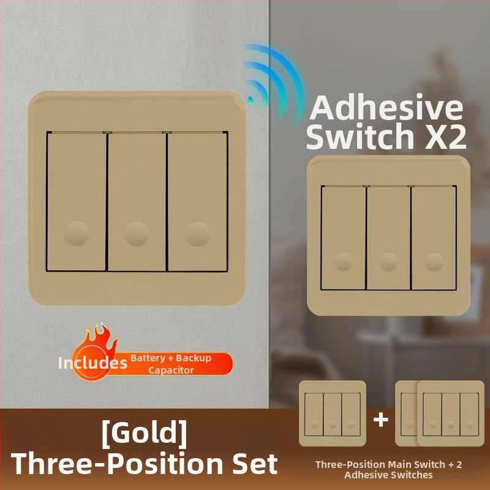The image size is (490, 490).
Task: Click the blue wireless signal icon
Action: click(x=273, y=83)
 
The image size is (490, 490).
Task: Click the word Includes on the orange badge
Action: click(x=92, y=363)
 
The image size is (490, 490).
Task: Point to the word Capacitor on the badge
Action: click(x=171, y=371)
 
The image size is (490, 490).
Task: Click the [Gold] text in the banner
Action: click(x=145, y=434)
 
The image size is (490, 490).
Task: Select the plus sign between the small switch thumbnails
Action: click(x=380, y=420)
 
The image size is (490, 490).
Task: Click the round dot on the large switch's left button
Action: click(x=77, y=234)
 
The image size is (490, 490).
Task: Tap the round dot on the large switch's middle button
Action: click(x=137, y=234)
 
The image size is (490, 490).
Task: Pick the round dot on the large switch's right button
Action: click(x=197, y=234)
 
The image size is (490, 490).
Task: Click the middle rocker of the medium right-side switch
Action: click(x=388, y=238)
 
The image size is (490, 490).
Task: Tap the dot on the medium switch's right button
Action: click(x=434, y=262)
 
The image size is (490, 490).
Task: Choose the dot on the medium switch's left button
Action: click(x=344, y=262)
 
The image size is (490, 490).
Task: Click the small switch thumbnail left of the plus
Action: click(x=333, y=413)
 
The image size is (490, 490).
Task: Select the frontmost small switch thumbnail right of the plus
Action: click(x=451, y=413)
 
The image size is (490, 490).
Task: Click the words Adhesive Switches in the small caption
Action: click(x=388, y=475)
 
